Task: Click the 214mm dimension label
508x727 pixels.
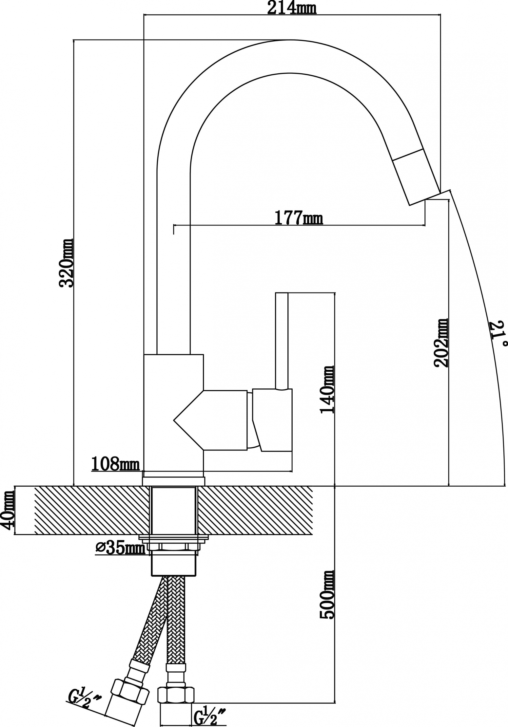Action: [292, 8]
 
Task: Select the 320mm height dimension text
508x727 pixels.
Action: [66, 263]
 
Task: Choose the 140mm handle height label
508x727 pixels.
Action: [327, 390]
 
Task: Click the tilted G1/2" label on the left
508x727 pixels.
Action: [84, 693]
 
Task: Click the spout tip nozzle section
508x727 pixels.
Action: [417, 177]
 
